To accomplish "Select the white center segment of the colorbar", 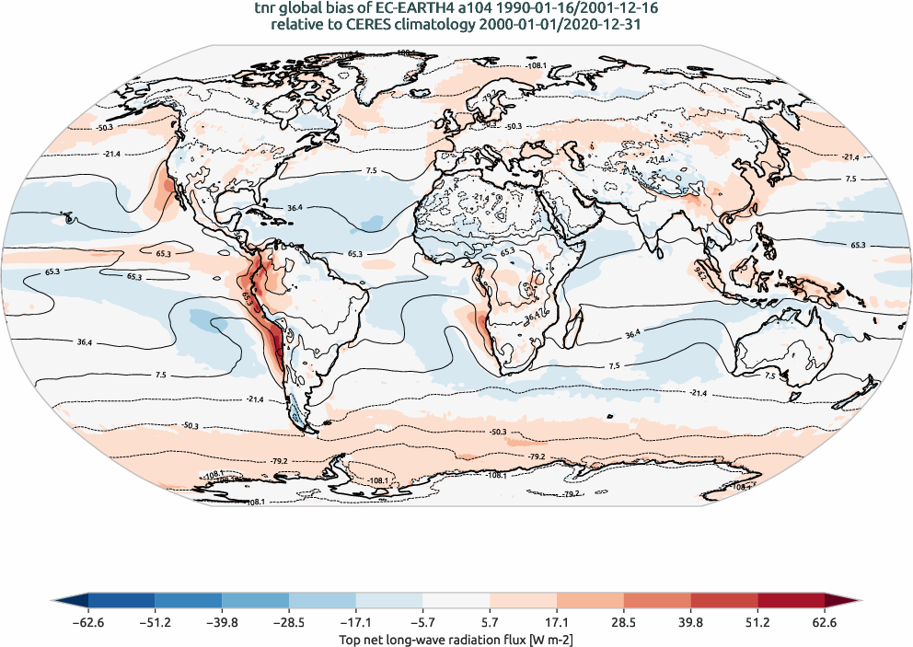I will pos(456,601).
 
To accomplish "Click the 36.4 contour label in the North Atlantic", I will pos(295,209).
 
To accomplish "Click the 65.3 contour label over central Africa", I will pos(507,251).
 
